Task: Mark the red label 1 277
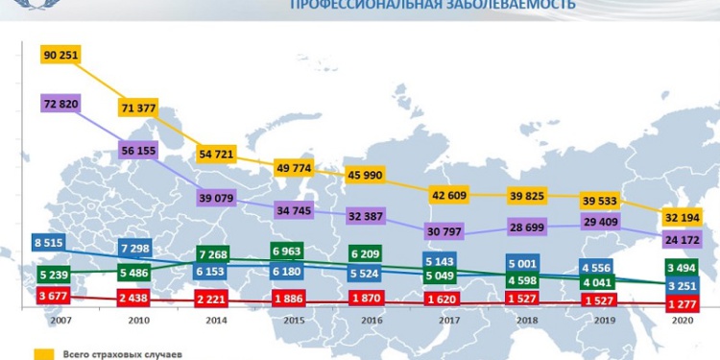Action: [x=684, y=304]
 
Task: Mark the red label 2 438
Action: [x=136, y=298]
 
